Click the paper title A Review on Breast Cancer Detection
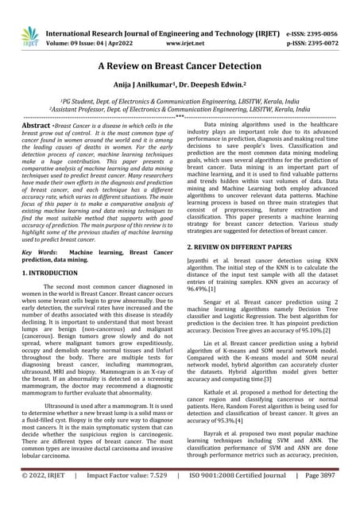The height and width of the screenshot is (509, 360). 180,69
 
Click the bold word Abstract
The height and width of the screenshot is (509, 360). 37,126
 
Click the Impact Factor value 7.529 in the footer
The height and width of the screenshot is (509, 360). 150,495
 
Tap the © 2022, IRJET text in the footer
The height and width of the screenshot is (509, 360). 43,495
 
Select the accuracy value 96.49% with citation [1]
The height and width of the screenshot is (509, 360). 210,290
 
